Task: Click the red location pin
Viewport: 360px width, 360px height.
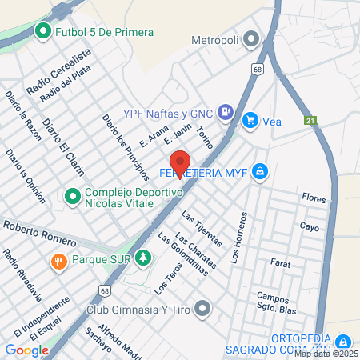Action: coord(180,165)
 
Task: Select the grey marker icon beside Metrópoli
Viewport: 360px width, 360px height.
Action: coord(251,38)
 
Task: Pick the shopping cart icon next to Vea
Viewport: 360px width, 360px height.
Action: coord(250,121)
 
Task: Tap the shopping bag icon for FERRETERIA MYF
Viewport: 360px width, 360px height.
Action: coord(259,171)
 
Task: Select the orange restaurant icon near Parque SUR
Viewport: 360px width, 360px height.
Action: coord(58,261)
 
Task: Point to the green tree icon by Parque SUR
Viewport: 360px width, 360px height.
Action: coord(142,258)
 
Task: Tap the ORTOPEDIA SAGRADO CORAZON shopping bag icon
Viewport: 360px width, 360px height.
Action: coord(343,342)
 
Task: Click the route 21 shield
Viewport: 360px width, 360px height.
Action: coord(310,121)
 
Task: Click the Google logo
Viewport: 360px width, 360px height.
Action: coord(26,350)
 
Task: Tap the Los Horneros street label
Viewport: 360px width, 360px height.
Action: coord(238,238)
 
